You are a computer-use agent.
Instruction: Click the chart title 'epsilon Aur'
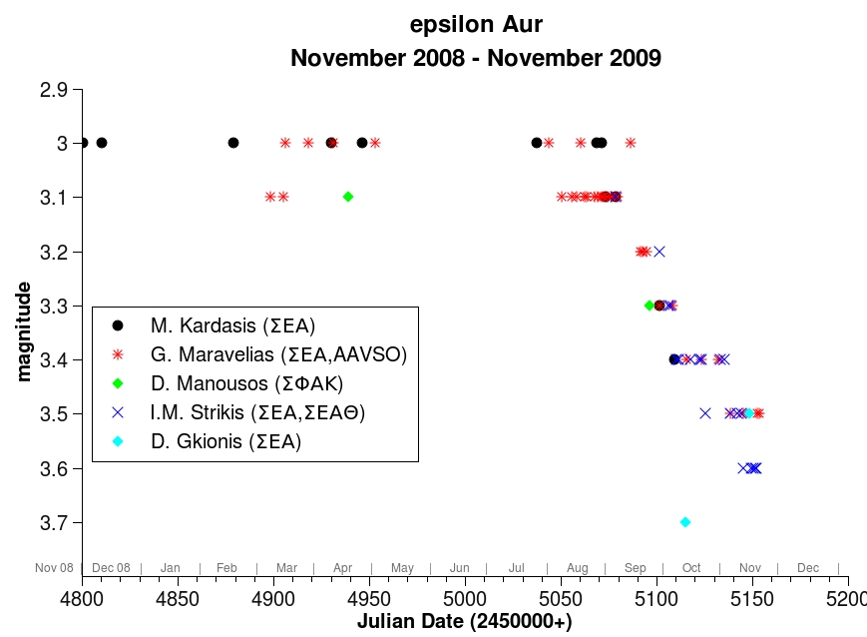[x=476, y=25]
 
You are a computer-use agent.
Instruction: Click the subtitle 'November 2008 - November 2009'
[x=476, y=57]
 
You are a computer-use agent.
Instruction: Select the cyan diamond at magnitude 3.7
[x=685, y=521]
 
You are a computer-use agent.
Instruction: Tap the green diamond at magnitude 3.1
[x=348, y=197]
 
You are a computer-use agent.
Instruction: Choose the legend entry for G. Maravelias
[x=278, y=354]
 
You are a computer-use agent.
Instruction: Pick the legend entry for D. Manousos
[x=246, y=383]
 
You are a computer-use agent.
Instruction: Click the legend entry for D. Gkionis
[x=225, y=441]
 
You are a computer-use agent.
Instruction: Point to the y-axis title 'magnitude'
[x=24, y=330]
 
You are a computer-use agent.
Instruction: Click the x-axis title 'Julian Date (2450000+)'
[x=465, y=621]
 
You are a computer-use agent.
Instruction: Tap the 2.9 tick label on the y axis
[x=54, y=90]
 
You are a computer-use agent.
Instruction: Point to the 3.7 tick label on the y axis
[x=54, y=522]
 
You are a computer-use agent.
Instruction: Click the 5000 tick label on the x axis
[x=465, y=598]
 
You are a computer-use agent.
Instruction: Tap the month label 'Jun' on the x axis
[x=459, y=568]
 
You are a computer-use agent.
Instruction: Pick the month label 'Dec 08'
[x=111, y=568]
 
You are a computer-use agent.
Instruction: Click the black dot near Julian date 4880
[x=233, y=143]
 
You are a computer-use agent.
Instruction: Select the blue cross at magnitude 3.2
[x=658, y=251]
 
